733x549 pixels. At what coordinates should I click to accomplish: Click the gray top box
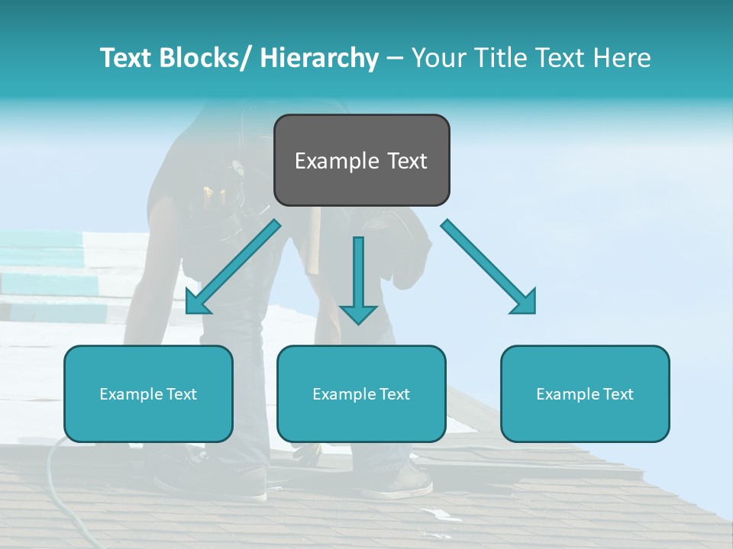pyautogui.click(x=361, y=160)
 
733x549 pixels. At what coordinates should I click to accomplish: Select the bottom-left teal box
pyautogui.click(x=148, y=393)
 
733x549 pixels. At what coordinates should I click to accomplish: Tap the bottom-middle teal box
pyautogui.click(x=361, y=393)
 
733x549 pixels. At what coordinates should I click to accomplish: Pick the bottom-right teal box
pyautogui.click(x=585, y=393)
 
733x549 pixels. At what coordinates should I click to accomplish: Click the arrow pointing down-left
pyautogui.click(x=233, y=267)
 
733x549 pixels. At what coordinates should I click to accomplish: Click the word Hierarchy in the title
pyautogui.click(x=319, y=58)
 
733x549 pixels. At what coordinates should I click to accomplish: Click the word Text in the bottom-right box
pyautogui.click(x=617, y=394)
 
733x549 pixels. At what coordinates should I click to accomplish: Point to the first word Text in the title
pyautogui.click(x=126, y=58)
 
